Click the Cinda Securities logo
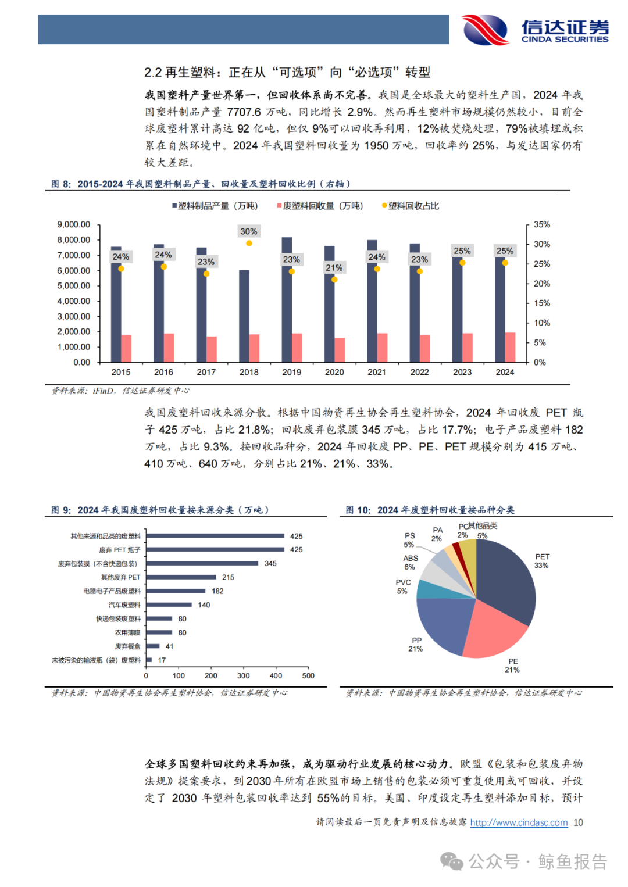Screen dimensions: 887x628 [x=535, y=29]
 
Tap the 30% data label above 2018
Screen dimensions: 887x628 [x=249, y=231]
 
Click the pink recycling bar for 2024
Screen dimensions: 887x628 [x=510, y=348]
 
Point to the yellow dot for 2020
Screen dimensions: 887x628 [x=334, y=280]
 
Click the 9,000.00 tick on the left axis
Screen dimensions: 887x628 [x=74, y=224]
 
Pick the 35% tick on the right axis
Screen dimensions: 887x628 [x=541, y=224]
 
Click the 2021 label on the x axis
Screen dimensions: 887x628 [x=377, y=372]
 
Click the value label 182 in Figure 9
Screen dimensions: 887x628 [x=217, y=591]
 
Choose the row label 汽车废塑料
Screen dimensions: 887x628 [x=124, y=605]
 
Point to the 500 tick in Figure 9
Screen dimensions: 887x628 [x=308, y=675]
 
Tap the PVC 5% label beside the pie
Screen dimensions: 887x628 [x=403, y=586]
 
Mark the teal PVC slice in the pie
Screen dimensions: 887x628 [x=430, y=589]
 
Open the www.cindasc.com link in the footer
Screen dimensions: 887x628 [x=519, y=822]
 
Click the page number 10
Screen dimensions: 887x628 [x=578, y=822]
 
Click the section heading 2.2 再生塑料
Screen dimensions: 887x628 [x=287, y=72]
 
